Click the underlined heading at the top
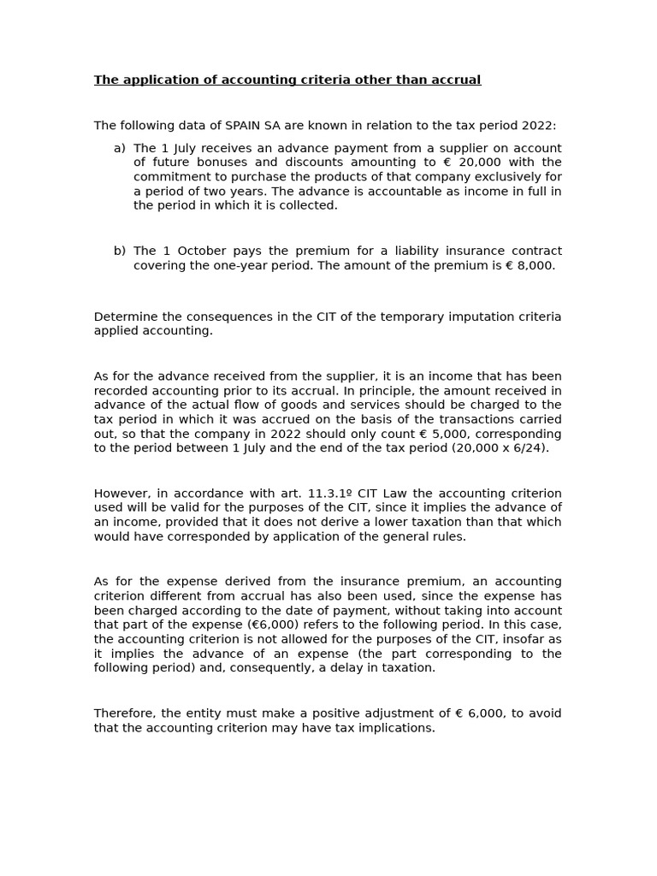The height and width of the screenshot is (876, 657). [x=287, y=80]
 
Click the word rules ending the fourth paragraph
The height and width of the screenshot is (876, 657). [x=448, y=536]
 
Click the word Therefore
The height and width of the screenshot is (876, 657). [x=126, y=713]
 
